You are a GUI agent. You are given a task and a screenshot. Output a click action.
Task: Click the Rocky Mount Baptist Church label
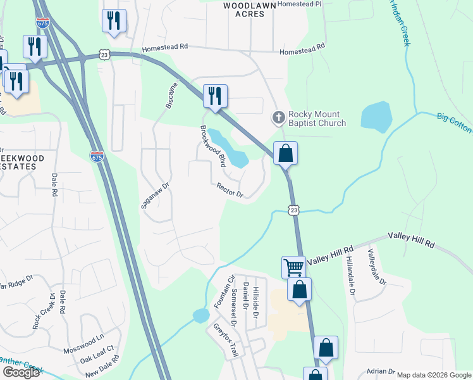(317, 118)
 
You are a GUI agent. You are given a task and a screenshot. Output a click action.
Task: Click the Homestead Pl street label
(301, 4)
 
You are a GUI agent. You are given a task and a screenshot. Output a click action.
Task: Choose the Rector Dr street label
(230, 191)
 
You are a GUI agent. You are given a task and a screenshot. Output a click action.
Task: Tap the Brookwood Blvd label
(213, 144)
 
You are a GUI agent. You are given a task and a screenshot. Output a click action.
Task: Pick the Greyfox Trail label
(224, 341)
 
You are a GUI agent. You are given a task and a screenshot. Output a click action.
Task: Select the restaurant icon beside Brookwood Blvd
(215, 96)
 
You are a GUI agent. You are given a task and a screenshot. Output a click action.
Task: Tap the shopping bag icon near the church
(285, 153)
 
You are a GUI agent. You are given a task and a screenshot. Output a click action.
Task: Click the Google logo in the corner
(20, 372)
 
